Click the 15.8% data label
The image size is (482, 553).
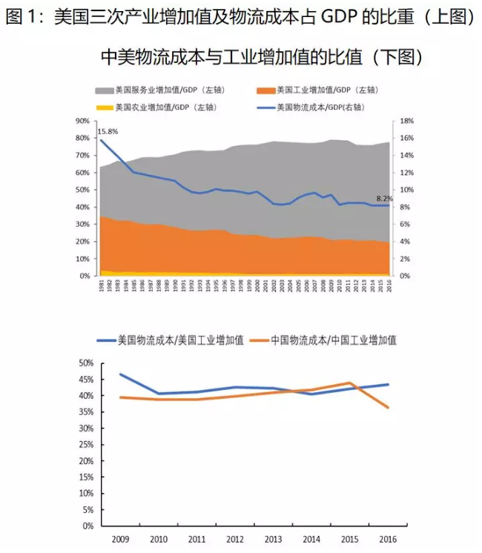(108, 132)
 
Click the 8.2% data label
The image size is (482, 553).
(385, 199)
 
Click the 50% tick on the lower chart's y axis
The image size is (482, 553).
(85, 363)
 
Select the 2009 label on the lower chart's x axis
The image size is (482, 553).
(120, 540)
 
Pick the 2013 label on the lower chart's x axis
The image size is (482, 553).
(273, 540)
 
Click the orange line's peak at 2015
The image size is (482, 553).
(349, 383)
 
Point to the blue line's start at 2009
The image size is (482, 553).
(120, 374)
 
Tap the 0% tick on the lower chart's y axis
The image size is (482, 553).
(87, 526)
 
